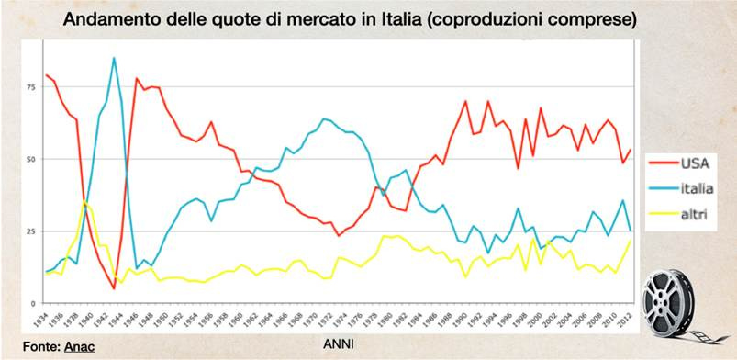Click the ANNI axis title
point(341,345)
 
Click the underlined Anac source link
point(79,346)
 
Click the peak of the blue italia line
point(114,58)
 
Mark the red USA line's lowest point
point(114,288)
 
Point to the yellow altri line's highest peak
point(84,201)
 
